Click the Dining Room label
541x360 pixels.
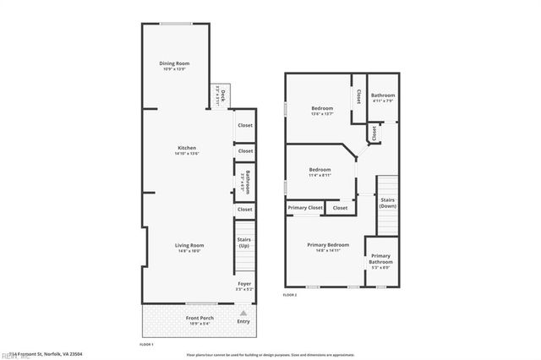pyautogui.click(x=174, y=64)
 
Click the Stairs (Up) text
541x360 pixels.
pyautogui.click(x=244, y=242)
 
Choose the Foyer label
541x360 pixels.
pyautogui.click(x=244, y=284)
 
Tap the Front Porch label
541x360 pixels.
pyautogui.click(x=199, y=318)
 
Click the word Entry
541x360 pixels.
pyautogui.click(x=243, y=321)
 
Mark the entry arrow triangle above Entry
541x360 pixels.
pyautogui.click(x=243, y=311)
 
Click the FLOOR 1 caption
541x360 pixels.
pyautogui.click(x=145, y=344)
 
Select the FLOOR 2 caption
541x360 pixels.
pyautogui.click(x=290, y=295)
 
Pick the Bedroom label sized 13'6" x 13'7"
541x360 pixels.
pyautogui.click(x=322, y=108)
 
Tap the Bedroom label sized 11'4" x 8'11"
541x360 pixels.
pyautogui.click(x=320, y=169)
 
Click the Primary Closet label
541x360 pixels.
pyautogui.click(x=304, y=207)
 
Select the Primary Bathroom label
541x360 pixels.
pyautogui.click(x=380, y=259)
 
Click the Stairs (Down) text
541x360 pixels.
pyautogui.click(x=388, y=203)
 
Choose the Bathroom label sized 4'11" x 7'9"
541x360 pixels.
pyautogui.click(x=382, y=95)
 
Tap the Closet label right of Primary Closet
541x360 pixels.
pyautogui.click(x=340, y=207)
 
